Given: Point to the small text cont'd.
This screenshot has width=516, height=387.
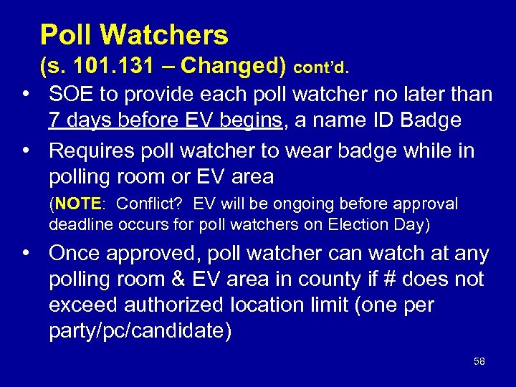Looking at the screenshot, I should point(321,68).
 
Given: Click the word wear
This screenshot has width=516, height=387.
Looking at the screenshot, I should point(332,151).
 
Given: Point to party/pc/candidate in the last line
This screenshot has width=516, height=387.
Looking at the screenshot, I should point(140,331).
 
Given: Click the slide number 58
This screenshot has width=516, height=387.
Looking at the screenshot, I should point(479,362).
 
